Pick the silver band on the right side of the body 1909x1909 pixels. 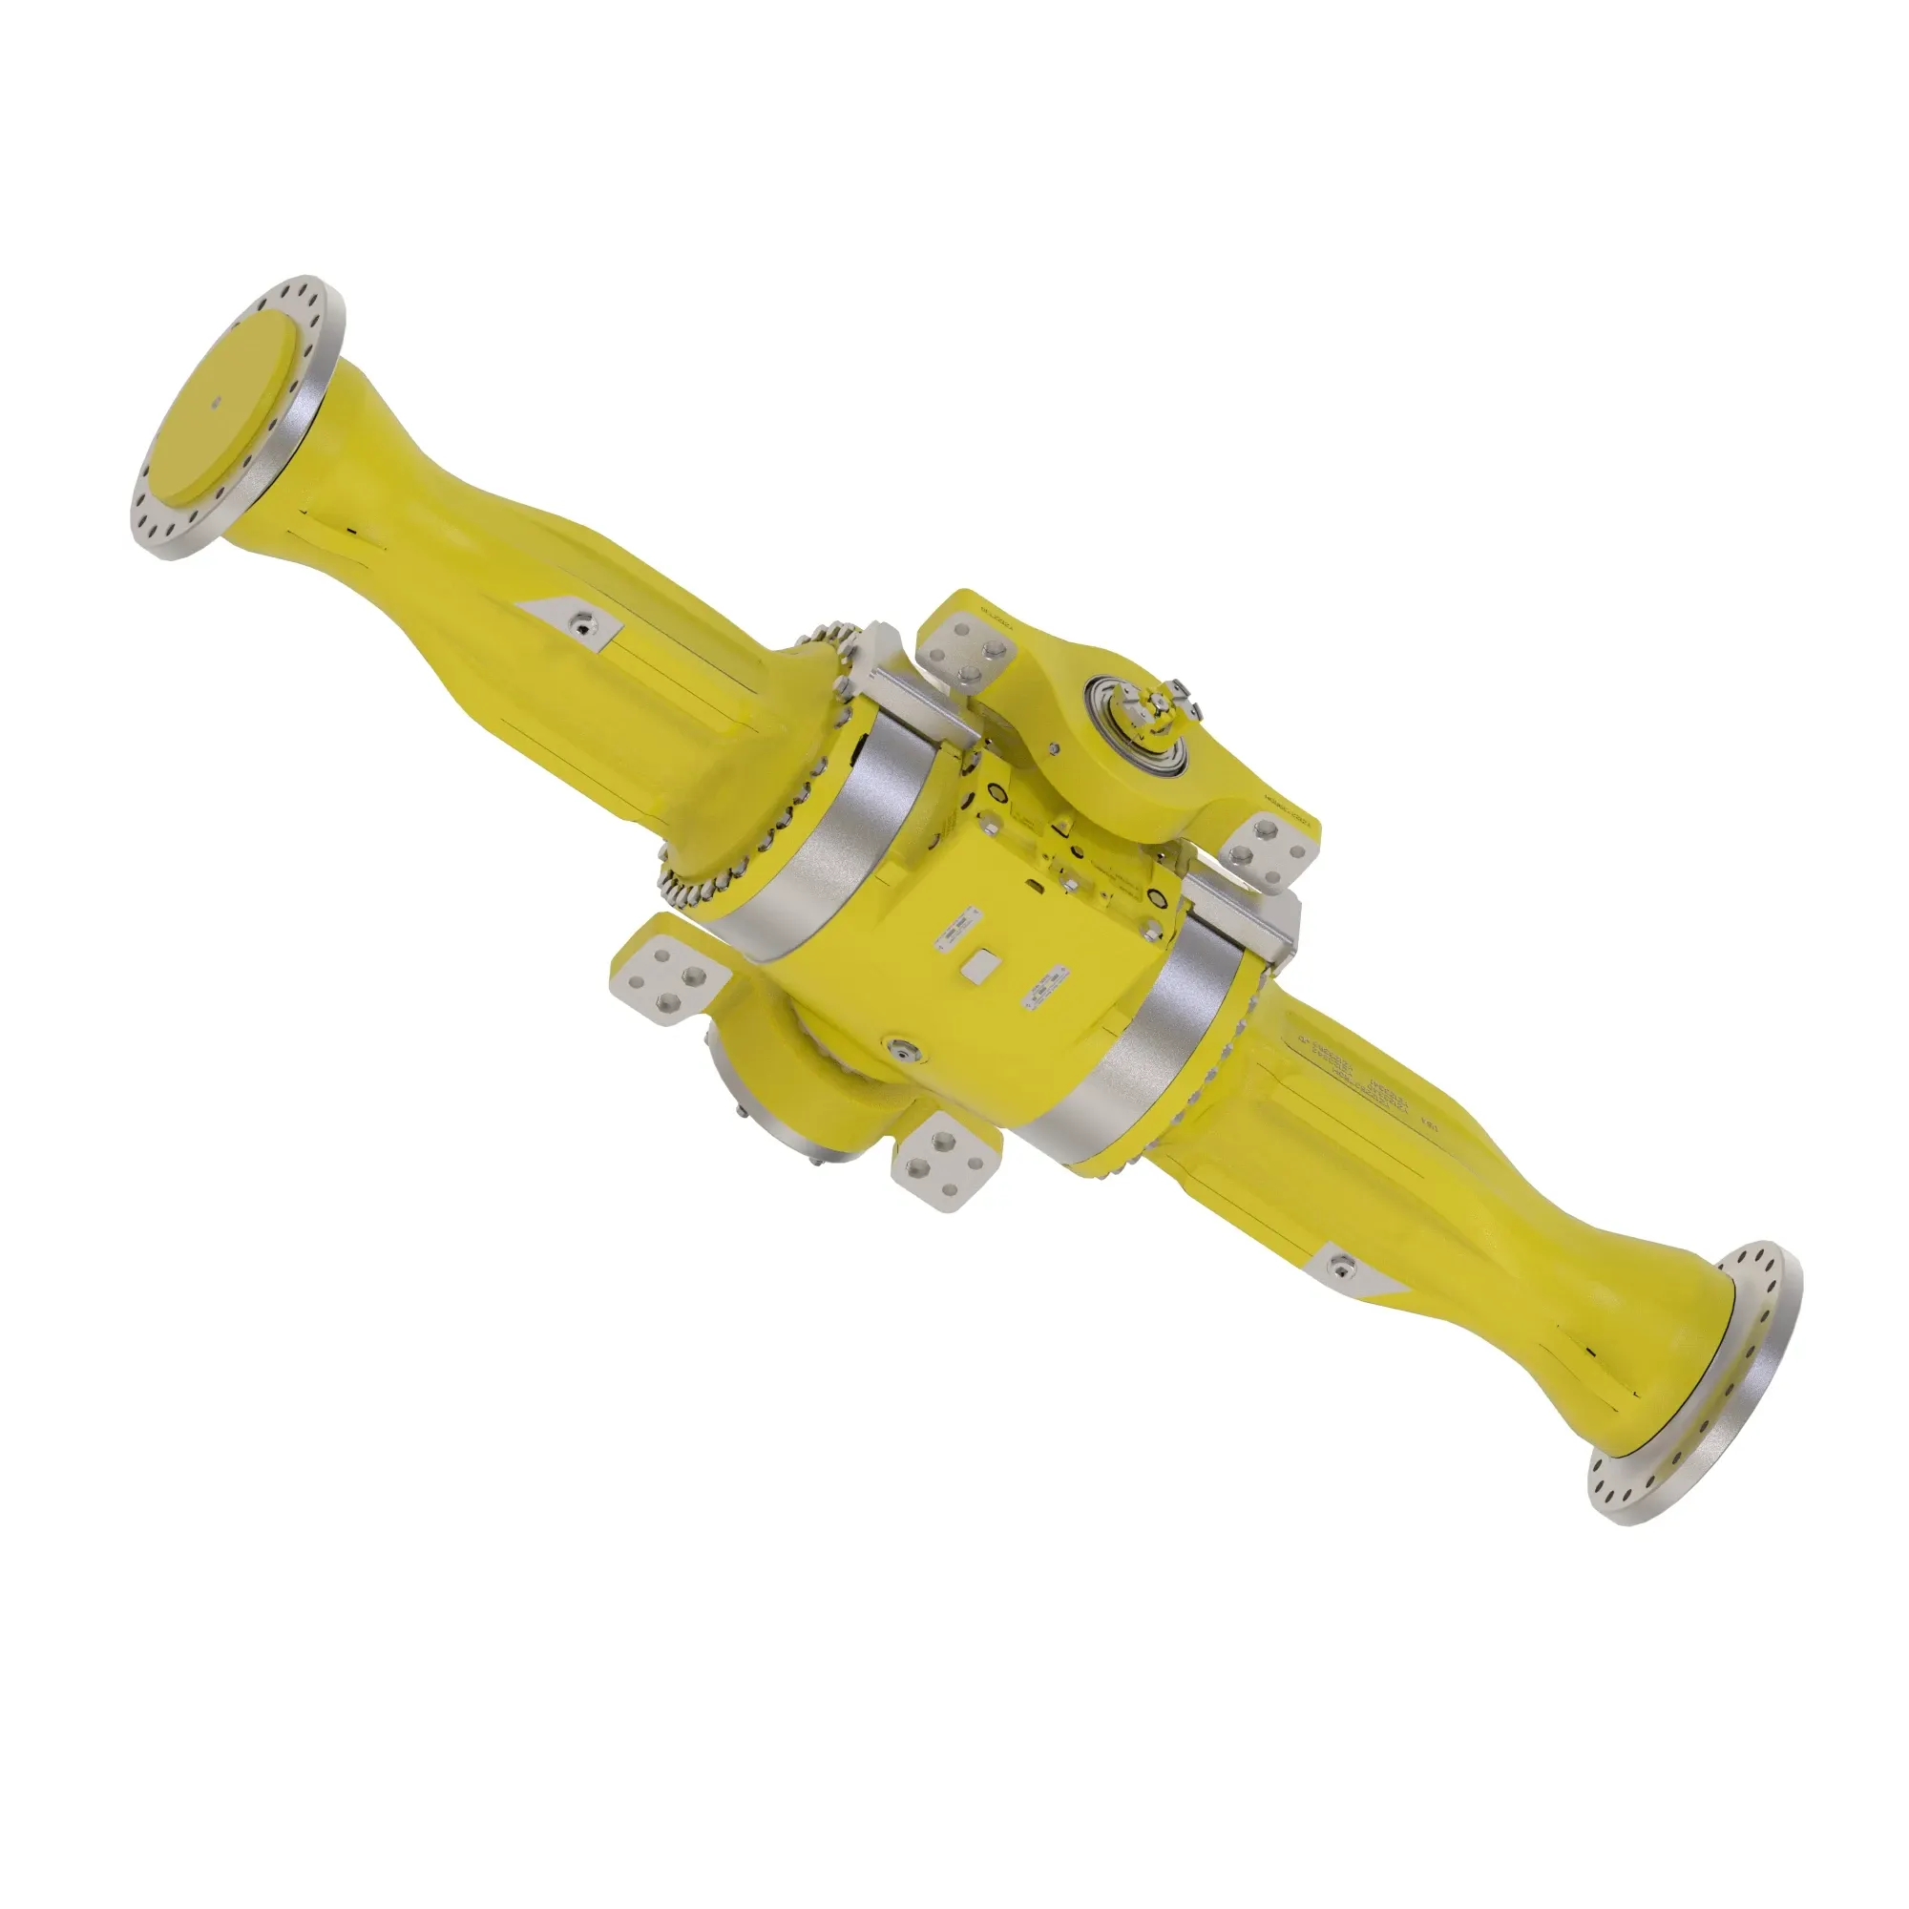[1155, 1046]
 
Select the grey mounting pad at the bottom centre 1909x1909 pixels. [943, 1160]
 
